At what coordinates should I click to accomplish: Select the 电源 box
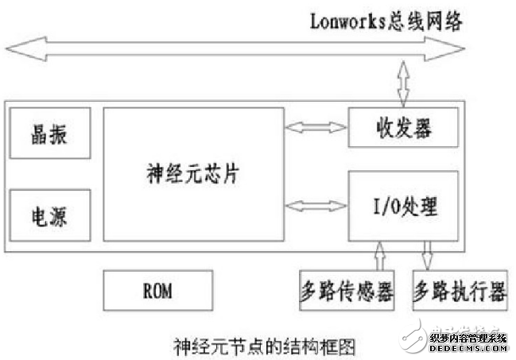(49, 215)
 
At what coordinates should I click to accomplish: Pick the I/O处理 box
(404, 207)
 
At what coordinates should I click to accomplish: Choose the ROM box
(158, 291)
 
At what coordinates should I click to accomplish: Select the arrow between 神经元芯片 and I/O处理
(316, 207)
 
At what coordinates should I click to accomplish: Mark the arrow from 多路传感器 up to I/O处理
(378, 258)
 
